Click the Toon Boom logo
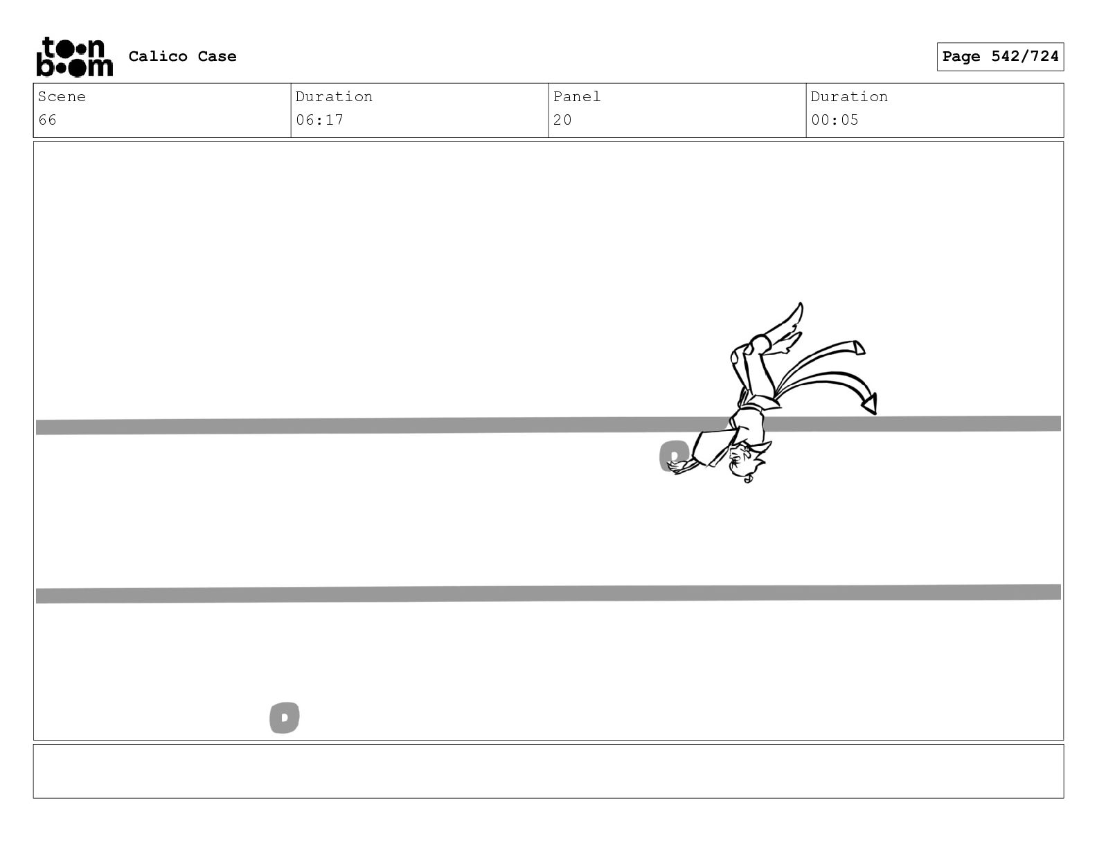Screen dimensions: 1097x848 click(75, 57)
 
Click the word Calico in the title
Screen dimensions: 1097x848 click(158, 56)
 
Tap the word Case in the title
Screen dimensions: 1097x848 click(217, 56)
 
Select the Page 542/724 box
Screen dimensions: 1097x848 click(1000, 57)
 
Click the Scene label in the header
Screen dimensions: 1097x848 click(62, 96)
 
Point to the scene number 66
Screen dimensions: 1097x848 click(48, 120)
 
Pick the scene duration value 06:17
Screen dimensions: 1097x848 click(319, 120)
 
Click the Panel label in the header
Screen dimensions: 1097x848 click(576, 96)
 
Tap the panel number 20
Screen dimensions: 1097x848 click(562, 120)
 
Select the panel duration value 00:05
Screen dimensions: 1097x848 click(835, 120)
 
